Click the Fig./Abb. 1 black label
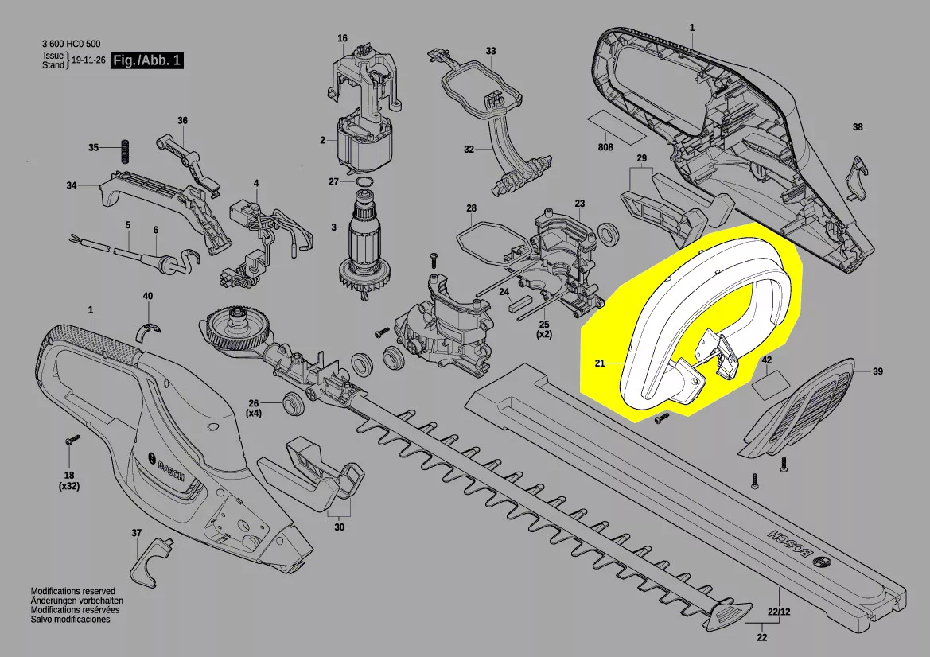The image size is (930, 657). coord(147,60)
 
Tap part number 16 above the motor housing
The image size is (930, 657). coord(342,38)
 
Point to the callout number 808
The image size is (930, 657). coord(605,147)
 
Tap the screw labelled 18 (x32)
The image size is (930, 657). coord(71,440)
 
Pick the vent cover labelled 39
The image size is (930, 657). coord(798,409)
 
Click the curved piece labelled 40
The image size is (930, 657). coord(149,331)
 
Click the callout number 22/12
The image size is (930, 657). coord(779,612)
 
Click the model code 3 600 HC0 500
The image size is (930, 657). coord(71,44)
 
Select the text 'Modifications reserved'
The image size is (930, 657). coord(73,591)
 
